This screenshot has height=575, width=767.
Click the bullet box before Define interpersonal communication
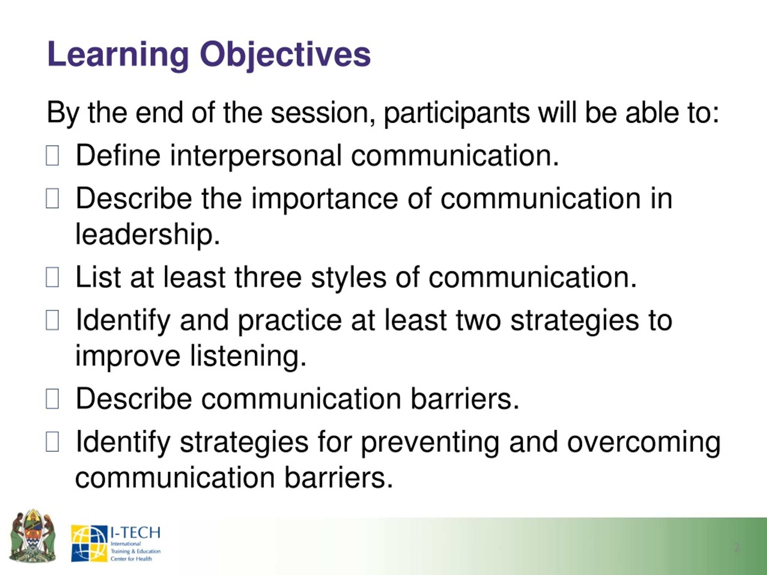(52, 156)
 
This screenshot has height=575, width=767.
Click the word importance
(324, 199)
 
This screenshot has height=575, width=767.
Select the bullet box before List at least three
(52, 277)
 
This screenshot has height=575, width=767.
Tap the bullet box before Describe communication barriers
(52, 399)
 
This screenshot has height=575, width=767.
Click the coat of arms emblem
(33, 536)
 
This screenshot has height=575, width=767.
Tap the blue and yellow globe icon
(89, 544)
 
